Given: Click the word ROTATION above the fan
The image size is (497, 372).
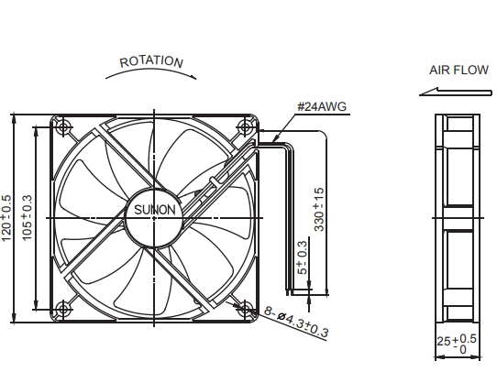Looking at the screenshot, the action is [x=151, y=61].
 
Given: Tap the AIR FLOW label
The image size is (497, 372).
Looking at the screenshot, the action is [x=458, y=70].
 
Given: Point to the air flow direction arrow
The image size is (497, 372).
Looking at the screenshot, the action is [x=456, y=92].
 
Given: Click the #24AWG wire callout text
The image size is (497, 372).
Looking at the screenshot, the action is [x=322, y=106].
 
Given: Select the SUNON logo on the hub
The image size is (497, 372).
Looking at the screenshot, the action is [x=154, y=210].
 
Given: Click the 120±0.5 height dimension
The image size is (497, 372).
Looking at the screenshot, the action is [x=6, y=218].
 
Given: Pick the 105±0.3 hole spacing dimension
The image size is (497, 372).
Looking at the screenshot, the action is [x=27, y=217].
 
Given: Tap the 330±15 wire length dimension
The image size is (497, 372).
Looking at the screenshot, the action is [x=319, y=209].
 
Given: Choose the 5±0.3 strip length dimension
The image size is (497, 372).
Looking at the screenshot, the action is [x=303, y=257].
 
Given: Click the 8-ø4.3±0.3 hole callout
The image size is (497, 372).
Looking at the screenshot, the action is [x=296, y=322].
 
